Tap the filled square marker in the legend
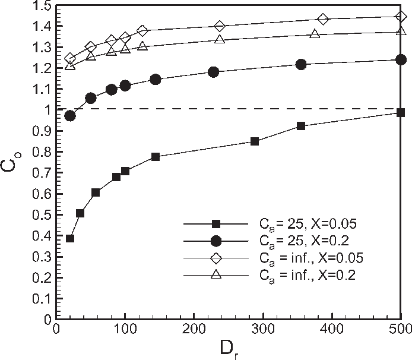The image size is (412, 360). point(217,224)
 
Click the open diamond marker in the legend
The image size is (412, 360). point(217,258)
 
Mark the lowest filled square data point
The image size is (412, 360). point(70,238)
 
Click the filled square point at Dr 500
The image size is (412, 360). point(401,113)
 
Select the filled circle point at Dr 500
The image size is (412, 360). point(401,59)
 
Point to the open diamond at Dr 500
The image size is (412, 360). point(401,17)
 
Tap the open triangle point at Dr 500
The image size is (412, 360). point(401,30)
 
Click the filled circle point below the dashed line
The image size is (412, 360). point(70,115)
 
